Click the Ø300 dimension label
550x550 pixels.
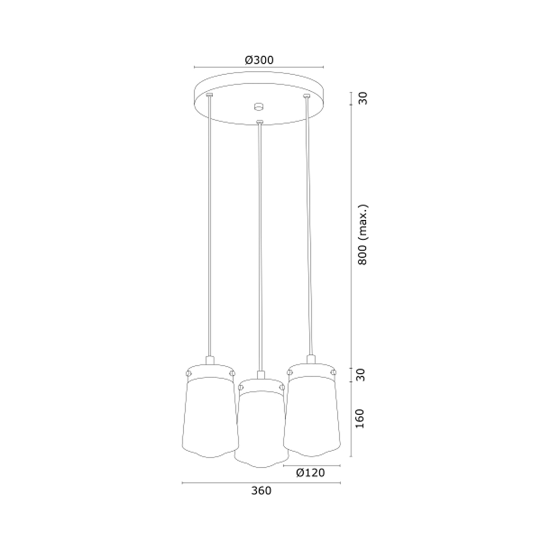(x=259, y=60)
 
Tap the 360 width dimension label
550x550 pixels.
(x=262, y=490)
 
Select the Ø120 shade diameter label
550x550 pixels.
(x=310, y=473)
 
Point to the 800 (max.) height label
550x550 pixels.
(x=363, y=235)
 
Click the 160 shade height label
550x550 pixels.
(x=360, y=418)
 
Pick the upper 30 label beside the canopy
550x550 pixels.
(x=363, y=98)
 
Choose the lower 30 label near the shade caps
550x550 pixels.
(x=360, y=375)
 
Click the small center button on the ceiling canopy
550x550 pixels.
(x=259, y=106)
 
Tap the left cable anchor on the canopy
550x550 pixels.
(x=209, y=95)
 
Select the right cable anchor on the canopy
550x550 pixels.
(x=307, y=96)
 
